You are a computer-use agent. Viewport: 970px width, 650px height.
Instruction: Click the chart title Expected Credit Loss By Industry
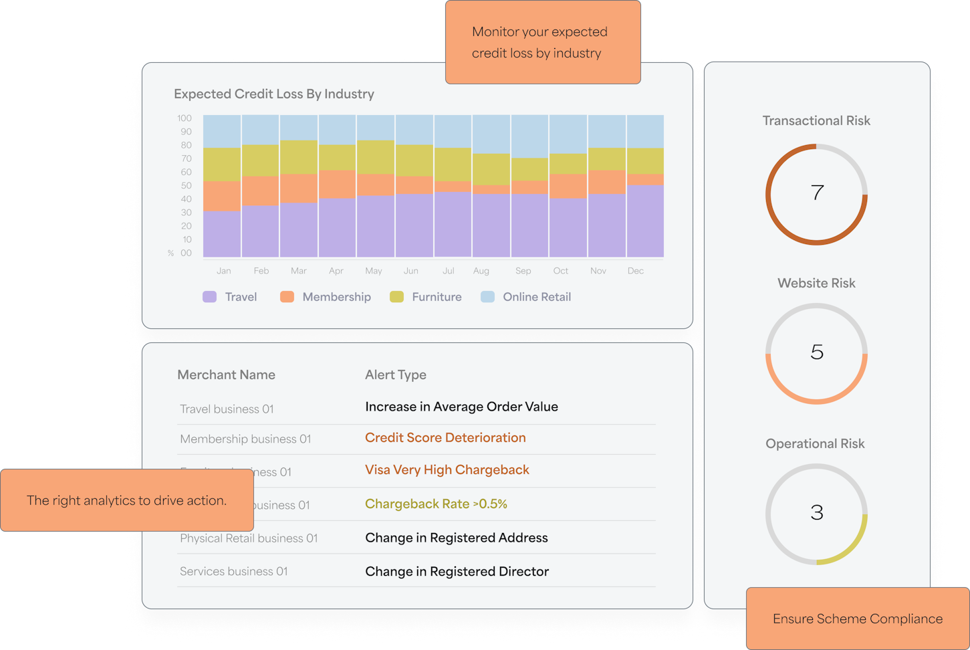pos(274,94)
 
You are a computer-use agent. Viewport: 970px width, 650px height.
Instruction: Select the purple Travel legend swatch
pos(210,297)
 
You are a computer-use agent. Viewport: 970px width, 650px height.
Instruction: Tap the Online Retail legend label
pos(537,297)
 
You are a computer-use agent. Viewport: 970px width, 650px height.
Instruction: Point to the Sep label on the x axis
pos(523,271)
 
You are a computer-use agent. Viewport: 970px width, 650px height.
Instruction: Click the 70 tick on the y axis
pos(186,158)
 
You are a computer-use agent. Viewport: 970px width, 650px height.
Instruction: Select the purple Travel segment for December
pos(645,221)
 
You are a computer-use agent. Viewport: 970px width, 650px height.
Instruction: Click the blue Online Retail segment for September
pos(530,136)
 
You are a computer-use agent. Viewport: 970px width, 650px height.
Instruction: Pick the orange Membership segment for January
pos(222,196)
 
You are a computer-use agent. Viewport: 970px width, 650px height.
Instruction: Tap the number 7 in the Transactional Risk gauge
pos(817,193)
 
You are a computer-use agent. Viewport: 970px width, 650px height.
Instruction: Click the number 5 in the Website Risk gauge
pos(817,352)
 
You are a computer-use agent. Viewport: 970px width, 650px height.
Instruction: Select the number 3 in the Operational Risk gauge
pos(817,513)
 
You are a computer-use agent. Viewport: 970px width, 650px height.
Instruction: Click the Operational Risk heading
pos(815,444)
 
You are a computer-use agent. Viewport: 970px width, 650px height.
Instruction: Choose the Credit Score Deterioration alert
pos(445,438)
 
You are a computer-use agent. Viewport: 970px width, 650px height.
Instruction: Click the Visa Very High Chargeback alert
pos(447,470)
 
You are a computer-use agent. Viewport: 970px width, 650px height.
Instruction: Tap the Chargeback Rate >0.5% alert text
pos(436,504)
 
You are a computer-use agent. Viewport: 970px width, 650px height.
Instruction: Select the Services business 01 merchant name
pos(233,572)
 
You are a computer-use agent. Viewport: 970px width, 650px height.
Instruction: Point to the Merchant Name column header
pos(226,375)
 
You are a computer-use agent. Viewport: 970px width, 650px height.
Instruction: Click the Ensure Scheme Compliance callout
pos(858,619)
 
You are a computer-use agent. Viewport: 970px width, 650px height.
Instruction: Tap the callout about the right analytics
pos(126,500)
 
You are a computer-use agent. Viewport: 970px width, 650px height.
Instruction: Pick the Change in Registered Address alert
pos(457,538)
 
